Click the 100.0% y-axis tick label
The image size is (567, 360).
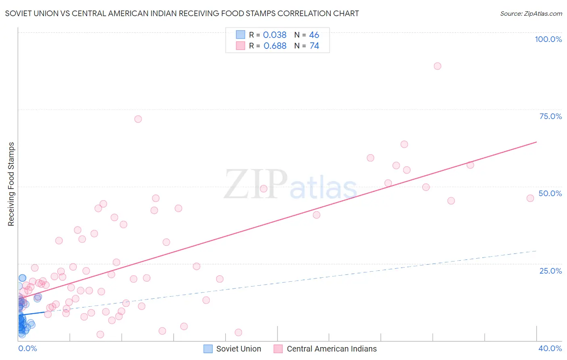548,39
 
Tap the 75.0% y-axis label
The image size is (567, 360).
550,116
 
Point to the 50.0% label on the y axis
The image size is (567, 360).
550,193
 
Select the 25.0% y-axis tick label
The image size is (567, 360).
550,271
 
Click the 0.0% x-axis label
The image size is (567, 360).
27,348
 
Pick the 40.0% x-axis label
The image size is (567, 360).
550,348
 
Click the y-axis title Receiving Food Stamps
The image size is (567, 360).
11,184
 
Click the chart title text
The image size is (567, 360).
182,13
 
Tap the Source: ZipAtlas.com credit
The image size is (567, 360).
531,13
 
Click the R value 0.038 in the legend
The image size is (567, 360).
275,35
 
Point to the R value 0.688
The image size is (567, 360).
275,46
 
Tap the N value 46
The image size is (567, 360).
314,35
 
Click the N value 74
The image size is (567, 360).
314,46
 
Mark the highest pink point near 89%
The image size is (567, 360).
438,66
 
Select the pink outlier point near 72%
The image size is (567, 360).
138,119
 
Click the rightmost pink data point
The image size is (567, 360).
530,198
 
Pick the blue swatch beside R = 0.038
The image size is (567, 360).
240,35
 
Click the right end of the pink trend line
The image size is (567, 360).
536,142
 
